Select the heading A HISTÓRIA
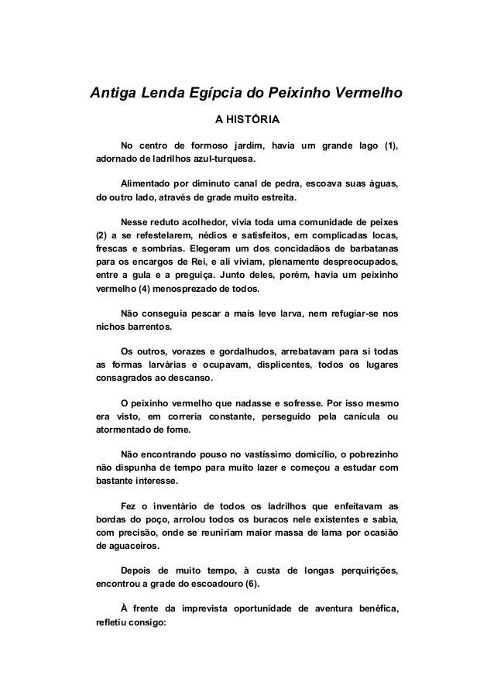click(247, 121)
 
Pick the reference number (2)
click(101, 235)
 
